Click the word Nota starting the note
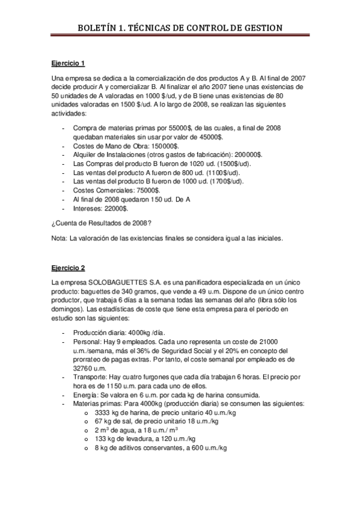point(59,239)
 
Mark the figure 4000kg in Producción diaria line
point(139,331)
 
